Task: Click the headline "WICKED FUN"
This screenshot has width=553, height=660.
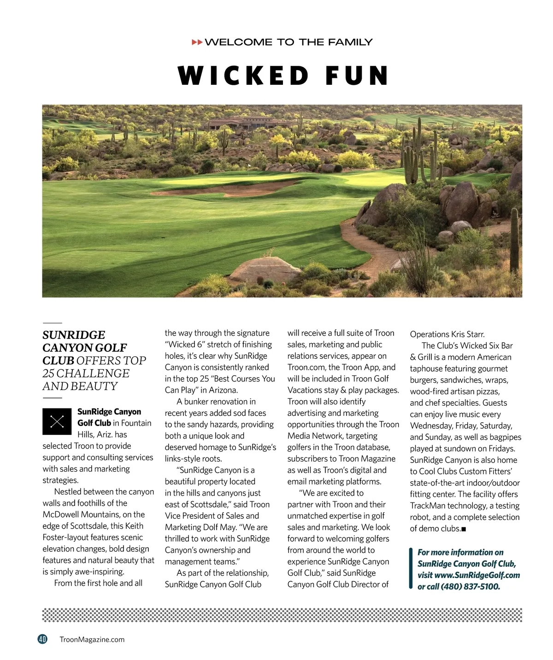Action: pos(283,76)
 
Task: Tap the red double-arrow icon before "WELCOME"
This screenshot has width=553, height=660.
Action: pos(197,42)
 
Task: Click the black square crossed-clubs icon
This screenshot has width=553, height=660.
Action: pos(57,421)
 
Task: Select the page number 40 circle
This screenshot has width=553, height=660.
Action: pos(42,639)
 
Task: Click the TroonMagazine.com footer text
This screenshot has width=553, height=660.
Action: pos(92,639)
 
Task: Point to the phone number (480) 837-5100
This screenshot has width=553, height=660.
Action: pos(470,586)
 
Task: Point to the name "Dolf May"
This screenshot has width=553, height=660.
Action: pos(236,527)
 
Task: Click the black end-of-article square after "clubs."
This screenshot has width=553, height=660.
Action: pos(464,529)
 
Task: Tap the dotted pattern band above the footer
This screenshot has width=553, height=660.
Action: pos(282,615)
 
